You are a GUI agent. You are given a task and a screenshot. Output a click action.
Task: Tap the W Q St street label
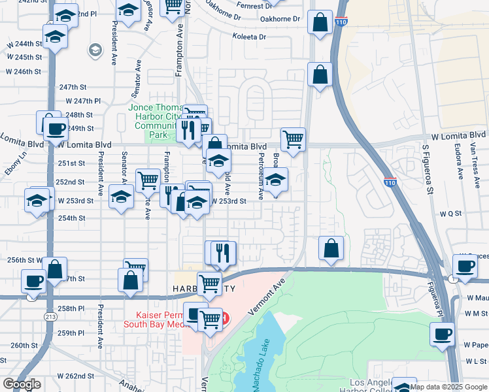coord(450,214)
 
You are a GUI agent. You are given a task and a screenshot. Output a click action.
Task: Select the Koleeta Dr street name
coord(250,37)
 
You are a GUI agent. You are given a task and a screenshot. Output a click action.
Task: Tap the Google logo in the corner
coord(22,385)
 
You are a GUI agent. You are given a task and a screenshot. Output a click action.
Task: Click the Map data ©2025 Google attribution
coord(449,387)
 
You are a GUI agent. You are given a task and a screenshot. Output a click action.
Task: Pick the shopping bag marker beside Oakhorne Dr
coord(320,22)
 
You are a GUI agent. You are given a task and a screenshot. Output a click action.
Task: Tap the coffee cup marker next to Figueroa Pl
coord(442,335)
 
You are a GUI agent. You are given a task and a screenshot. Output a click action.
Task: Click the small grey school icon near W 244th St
coord(95,50)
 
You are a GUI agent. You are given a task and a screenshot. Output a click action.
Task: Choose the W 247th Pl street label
coord(83,101)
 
